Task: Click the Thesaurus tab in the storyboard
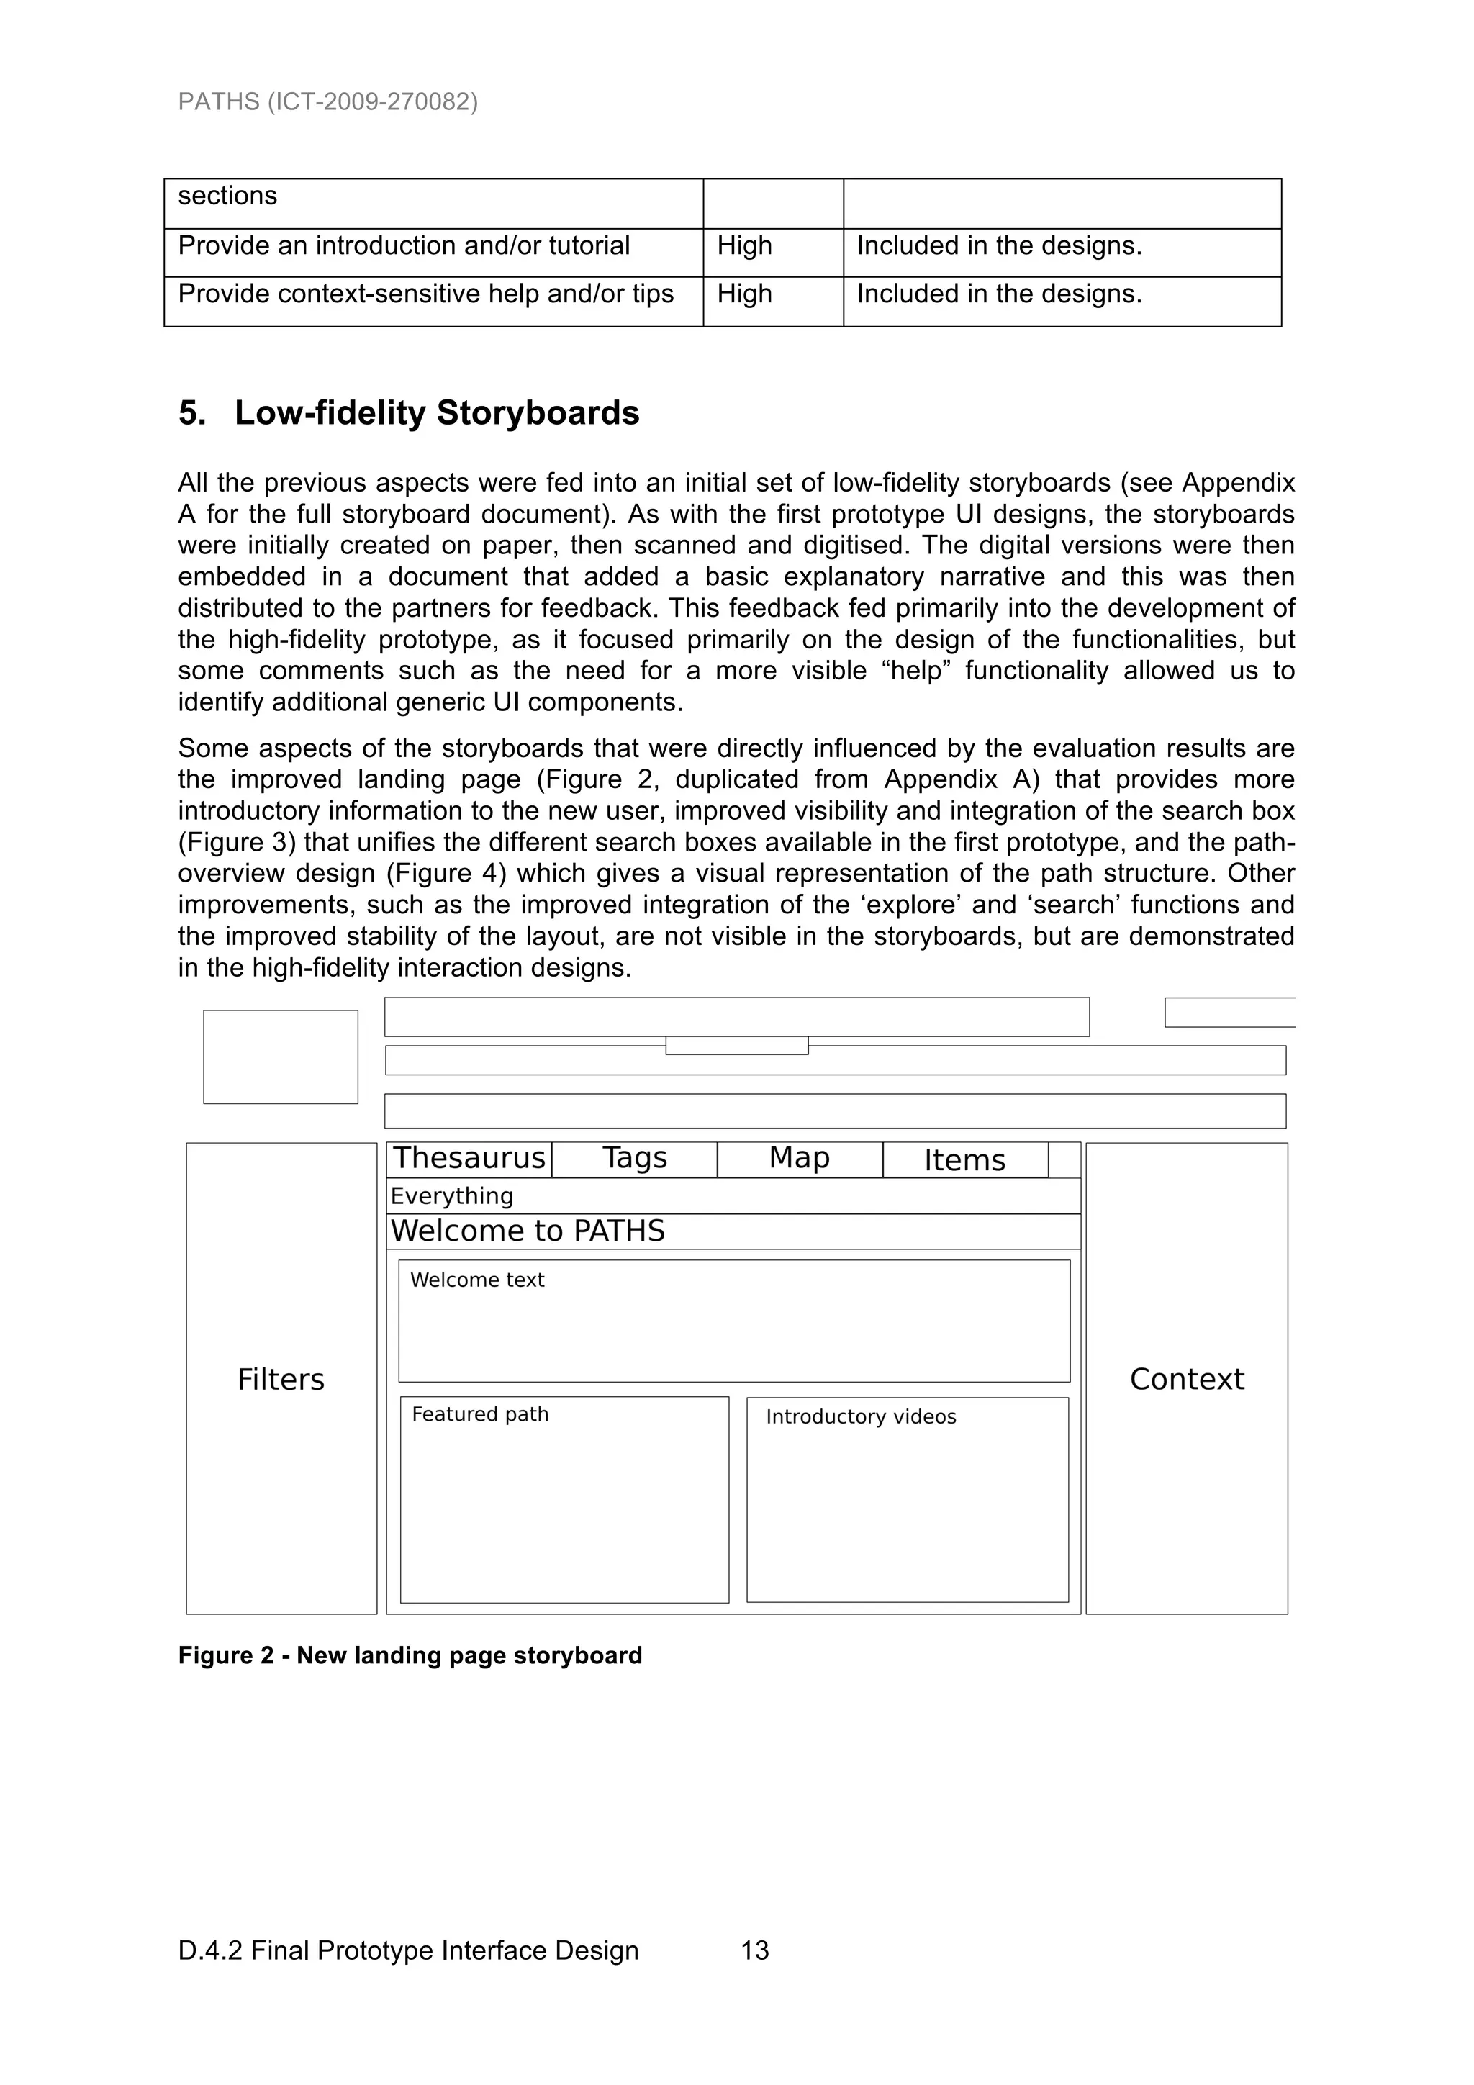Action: (x=469, y=1159)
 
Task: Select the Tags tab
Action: (x=634, y=1159)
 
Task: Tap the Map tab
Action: (x=799, y=1159)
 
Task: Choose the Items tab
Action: (x=964, y=1161)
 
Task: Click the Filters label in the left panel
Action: (x=281, y=1380)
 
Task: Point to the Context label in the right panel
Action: (x=1186, y=1380)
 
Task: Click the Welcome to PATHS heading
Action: (x=528, y=1231)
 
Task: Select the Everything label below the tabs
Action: (x=451, y=1196)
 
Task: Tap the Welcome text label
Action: (x=476, y=1280)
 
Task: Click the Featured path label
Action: (x=479, y=1414)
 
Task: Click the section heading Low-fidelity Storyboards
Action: (x=436, y=413)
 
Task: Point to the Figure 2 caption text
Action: (x=410, y=1655)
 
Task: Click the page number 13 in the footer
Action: (x=755, y=1950)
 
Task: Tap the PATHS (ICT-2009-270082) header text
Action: (x=328, y=101)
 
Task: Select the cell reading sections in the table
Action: (x=227, y=196)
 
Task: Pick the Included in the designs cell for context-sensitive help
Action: (x=999, y=294)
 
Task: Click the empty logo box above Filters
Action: (x=281, y=1057)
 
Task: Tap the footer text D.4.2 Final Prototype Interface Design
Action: (x=408, y=1950)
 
